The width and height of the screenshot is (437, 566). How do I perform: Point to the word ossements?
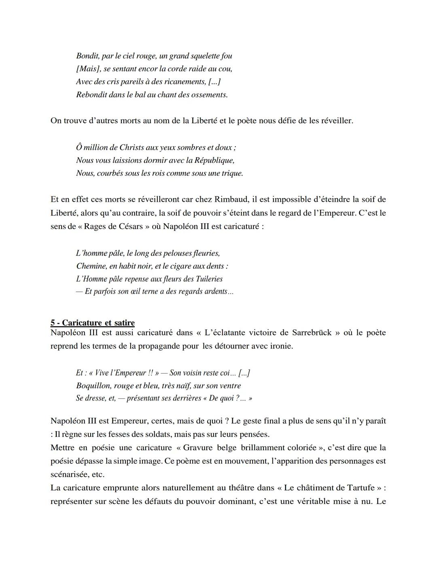210,95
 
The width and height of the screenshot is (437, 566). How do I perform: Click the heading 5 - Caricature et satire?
93,323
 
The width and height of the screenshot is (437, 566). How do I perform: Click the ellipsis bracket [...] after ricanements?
214,82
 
